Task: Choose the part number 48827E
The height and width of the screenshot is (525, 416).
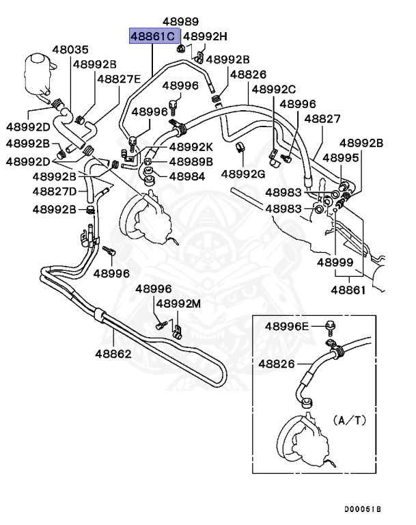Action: [x=118, y=79]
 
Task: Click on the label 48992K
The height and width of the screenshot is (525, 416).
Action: [x=191, y=146]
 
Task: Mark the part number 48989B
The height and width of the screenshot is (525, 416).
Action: [x=191, y=161]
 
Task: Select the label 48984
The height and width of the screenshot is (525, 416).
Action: [x=186, y=176]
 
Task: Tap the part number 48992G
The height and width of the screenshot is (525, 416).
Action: [x=242, y=174]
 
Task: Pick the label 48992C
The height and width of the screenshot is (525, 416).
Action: [x=273, y=89]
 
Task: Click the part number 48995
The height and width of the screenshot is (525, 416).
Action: [x=340, y=158]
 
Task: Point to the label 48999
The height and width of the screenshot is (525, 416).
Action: [x=335, y=262]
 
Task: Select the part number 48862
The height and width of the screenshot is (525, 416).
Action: [x=113, y=354]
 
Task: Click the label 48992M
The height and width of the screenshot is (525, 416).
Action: [x=179, y=304]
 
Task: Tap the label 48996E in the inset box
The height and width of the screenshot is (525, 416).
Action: [x=288, y=327]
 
